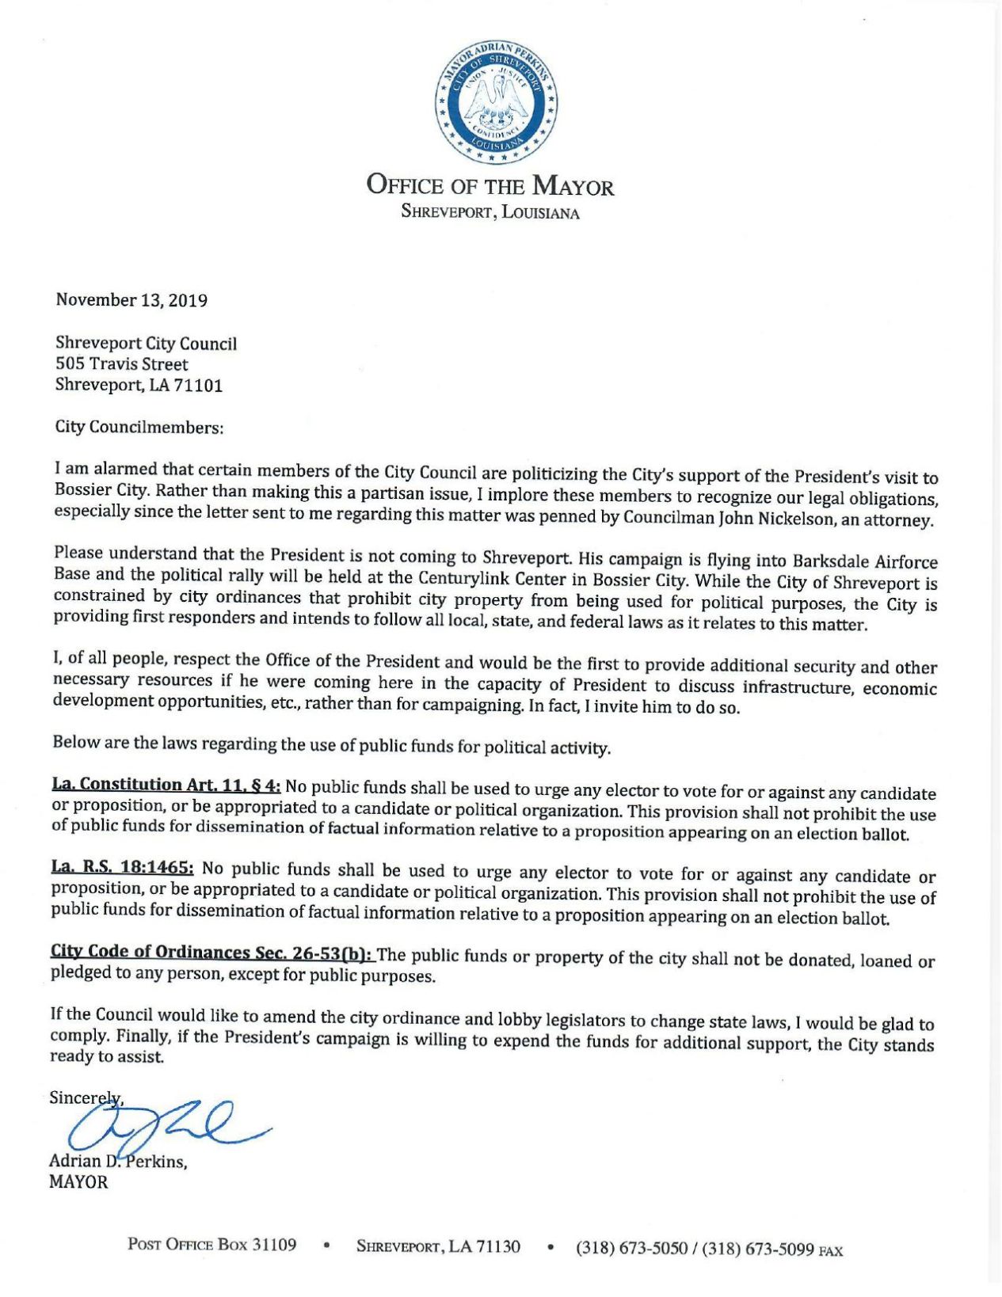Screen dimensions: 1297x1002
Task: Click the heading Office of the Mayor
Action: tap(490, 186)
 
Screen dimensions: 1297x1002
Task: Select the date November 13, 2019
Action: tap(131, 301)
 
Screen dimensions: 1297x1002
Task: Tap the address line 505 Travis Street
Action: tap(121, 365)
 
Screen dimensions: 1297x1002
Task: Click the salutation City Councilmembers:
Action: tap(139, 428)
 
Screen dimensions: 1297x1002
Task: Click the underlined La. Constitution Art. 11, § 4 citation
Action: tap(166, 785)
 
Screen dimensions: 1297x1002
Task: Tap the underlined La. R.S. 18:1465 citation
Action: tap(123, 868)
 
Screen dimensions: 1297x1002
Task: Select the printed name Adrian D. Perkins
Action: tap(118, 1162)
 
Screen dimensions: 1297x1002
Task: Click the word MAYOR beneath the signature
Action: tap(78, 1183)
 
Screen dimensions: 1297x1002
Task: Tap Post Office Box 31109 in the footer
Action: tap(212, 1246)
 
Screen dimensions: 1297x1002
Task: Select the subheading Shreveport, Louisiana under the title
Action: tap(490, 212)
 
